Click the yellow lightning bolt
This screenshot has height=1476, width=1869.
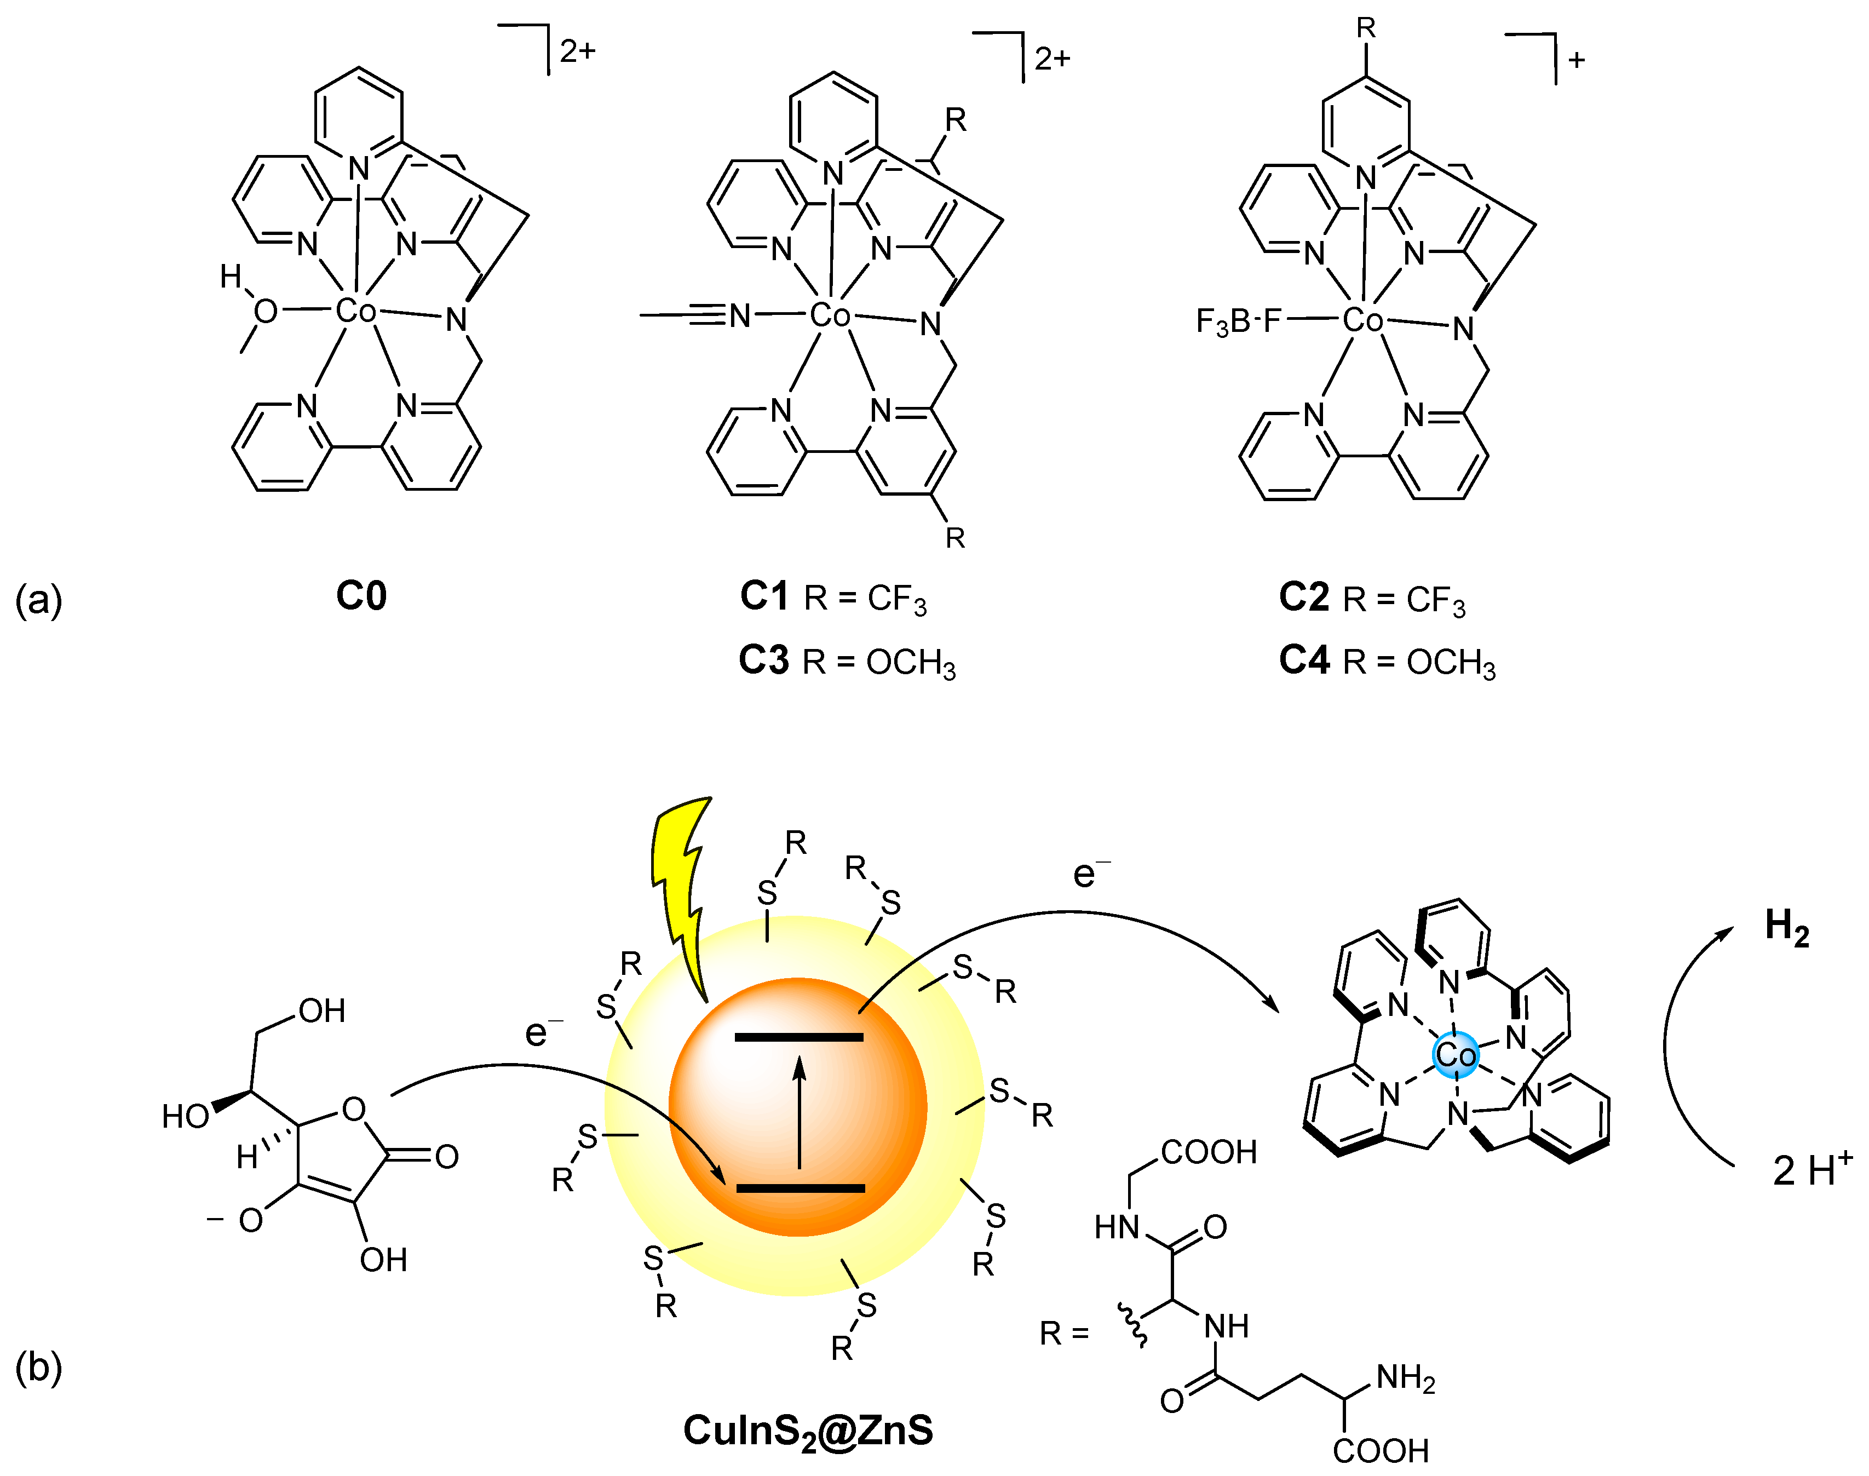point(683,890)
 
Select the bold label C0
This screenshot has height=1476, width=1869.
point(361,596)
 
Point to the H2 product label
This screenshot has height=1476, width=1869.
point(1786,929)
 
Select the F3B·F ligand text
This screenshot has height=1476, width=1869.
point(1238,321)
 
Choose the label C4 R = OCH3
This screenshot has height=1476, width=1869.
point(1387,661)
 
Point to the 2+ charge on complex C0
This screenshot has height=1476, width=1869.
point(577,52)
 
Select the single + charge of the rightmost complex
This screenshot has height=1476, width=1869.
point(1577,60)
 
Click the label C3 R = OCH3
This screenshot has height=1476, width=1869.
point(847,661)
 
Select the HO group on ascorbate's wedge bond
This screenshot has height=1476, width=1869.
point(185,1117)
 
